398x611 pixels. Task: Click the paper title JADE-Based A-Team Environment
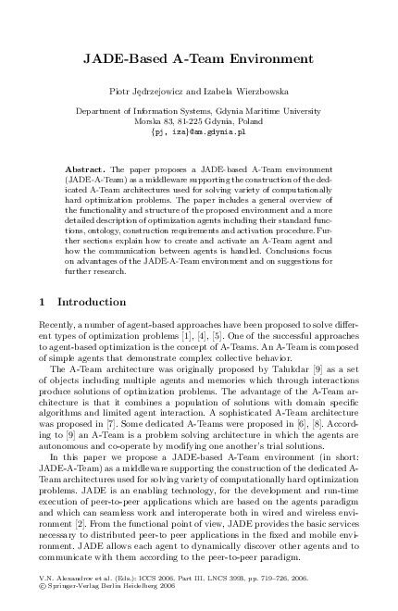click(198, 57)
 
